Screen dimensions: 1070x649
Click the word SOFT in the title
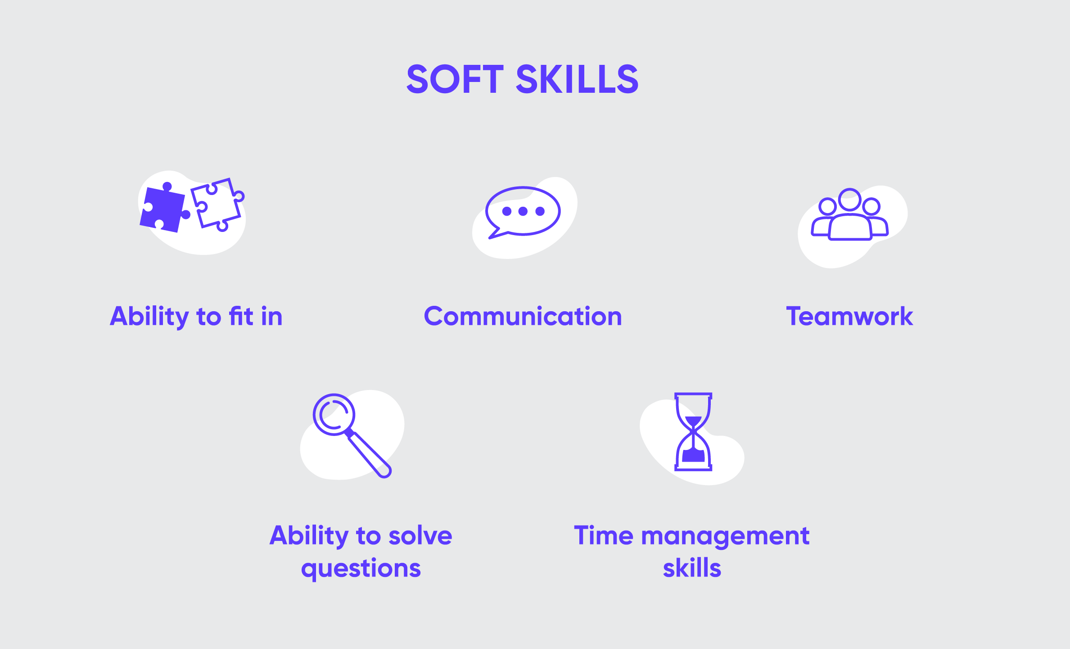click(455, 79)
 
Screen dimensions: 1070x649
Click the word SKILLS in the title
click(577, 79)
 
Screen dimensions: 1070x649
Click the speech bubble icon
click(523, 212)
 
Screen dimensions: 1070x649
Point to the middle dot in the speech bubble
click(523, 211)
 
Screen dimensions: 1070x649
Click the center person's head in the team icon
click(850, 200)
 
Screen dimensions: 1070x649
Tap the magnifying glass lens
click(334, 415)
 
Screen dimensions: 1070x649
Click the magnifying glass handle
click(369, 454)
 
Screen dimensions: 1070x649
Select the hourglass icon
click(693, 432)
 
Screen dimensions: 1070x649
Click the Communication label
click(523, 316)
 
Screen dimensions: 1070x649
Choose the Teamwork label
click(849, 316)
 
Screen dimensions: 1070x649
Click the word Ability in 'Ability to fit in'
click(149, 317)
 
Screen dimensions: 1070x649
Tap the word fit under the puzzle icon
click(241, 316)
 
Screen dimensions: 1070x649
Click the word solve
click(420, 536)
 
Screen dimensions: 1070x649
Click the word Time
click(604, 536)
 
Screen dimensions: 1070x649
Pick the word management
click(725, 537)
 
